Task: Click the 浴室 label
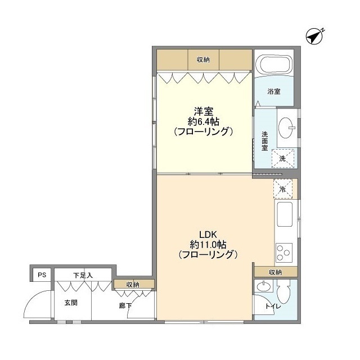274,91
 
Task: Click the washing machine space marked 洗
283,159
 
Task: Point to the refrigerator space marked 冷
283,189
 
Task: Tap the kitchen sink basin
285,214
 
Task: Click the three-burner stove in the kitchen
283,253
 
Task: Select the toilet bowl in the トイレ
283,292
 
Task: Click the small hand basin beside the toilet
264,286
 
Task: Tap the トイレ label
273,306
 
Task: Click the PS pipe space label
42,274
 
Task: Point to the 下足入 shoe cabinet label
83,275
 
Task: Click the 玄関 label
71,303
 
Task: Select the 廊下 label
125,305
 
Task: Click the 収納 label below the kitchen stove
275,272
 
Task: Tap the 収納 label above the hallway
133,285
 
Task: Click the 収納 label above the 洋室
203,60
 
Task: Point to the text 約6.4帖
204,121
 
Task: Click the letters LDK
208,235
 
